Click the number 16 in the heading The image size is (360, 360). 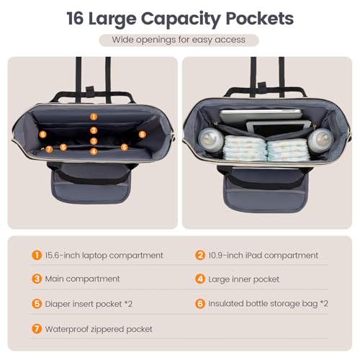point(75,19)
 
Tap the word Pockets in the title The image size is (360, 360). point(259,19)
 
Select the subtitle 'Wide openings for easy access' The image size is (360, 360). point(179,40)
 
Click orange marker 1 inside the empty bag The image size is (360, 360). point(94,117)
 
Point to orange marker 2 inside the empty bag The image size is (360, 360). point(94,130)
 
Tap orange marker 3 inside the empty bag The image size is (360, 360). point(94,141)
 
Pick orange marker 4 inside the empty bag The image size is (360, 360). point(94,151)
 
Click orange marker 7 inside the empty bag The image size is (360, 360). point(49,149)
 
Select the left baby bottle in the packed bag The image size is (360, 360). point(211,140)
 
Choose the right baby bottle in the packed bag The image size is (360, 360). point(320,140)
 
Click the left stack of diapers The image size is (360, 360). point(245,148)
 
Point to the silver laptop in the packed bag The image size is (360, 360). point(261,116)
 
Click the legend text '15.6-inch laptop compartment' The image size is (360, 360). point(104,256)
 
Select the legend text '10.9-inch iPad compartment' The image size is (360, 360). point(263,256)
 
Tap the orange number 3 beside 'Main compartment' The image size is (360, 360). point(37,279)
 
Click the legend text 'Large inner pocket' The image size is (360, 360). point(243,279)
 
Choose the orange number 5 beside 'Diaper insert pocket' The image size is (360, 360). point(37,304)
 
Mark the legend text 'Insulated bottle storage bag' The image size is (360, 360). point(263,304)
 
